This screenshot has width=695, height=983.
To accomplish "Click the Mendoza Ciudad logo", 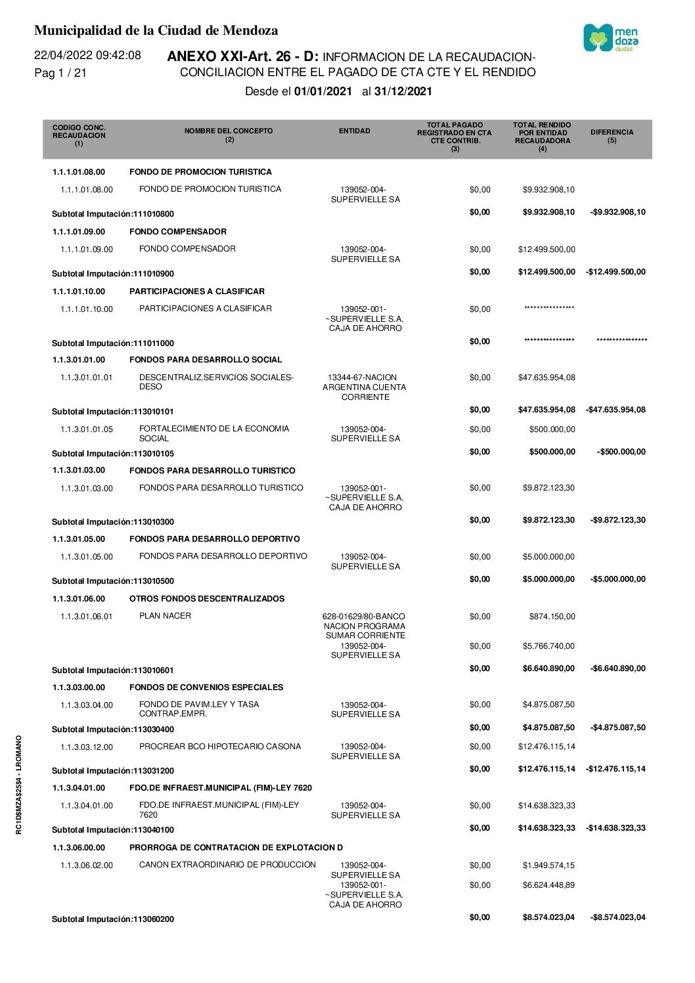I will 611,38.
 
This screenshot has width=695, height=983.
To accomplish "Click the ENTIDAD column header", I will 354,131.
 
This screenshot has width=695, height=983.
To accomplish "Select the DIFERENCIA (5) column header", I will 612,135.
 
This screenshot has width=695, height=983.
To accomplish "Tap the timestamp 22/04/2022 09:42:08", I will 87,55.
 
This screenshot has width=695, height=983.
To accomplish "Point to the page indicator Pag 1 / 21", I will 60,73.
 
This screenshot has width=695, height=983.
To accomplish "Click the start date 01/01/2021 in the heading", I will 323,91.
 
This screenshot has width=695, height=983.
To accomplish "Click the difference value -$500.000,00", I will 621,452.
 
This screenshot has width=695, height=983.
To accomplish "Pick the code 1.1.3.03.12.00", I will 87,747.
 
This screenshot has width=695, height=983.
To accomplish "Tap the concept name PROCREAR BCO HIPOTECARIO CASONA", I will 220,747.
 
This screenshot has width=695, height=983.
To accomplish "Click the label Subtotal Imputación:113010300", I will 113,522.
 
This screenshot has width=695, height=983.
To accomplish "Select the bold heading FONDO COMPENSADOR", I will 178,232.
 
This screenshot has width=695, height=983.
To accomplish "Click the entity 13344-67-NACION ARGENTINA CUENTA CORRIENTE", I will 365,387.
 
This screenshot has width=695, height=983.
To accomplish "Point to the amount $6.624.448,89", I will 549,885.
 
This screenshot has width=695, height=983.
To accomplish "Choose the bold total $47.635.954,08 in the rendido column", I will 547,410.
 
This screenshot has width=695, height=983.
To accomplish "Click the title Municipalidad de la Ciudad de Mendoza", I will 156,30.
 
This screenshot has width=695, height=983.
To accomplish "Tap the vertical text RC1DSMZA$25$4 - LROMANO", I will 19,785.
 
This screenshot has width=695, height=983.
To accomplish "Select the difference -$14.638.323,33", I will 616,828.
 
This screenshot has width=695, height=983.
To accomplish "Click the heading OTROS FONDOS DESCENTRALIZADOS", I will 207,599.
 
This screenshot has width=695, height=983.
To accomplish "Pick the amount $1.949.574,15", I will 549,865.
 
